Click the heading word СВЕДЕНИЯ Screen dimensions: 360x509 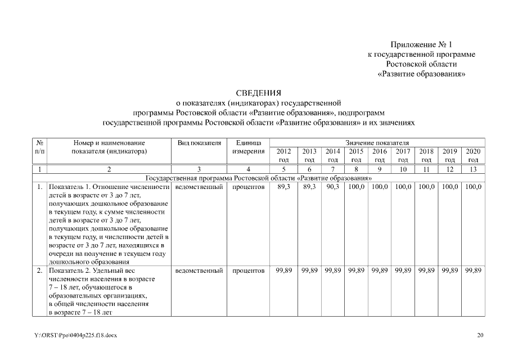258,93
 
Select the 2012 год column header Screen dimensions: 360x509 283,155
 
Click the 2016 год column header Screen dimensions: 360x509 379,155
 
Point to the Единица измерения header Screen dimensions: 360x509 248,147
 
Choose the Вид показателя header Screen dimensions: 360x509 199,143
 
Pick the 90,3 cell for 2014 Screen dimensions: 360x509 332,186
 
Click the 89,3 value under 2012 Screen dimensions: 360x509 283,186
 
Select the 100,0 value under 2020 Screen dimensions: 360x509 473,186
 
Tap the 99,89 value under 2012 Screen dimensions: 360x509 283,271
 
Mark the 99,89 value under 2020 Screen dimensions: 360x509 473,271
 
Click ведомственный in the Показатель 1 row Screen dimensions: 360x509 199,186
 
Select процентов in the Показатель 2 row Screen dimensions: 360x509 248,271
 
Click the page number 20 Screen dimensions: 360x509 480,336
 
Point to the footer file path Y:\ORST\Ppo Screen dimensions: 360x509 75,336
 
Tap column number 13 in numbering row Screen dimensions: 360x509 473,169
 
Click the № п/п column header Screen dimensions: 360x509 39,147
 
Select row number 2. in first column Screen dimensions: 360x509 39,271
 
